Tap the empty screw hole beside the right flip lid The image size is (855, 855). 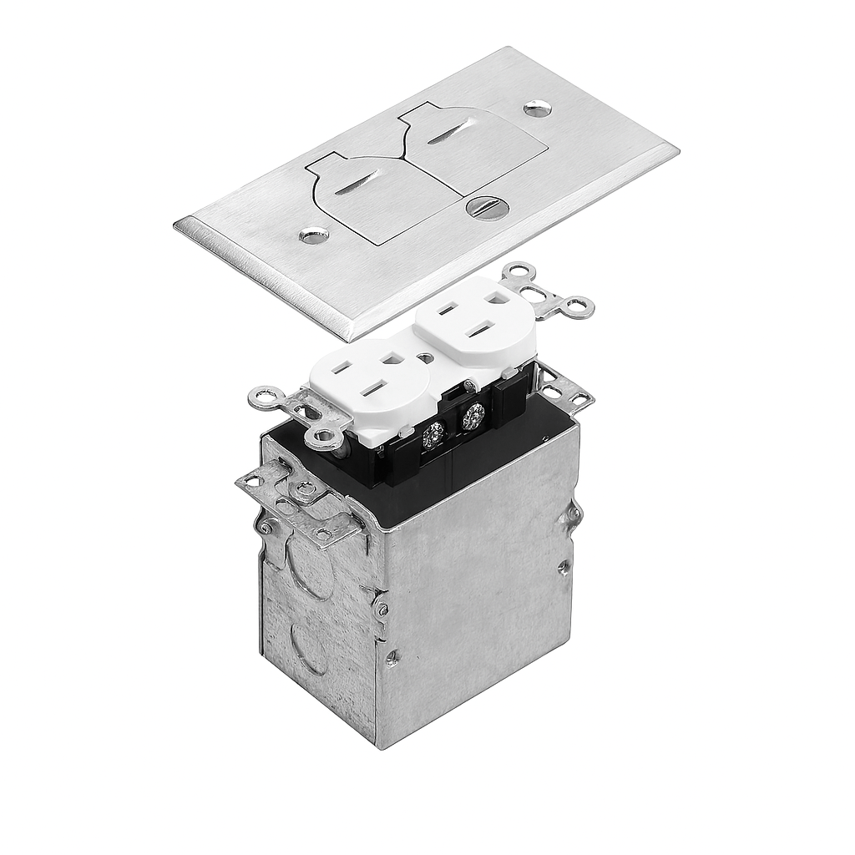537,108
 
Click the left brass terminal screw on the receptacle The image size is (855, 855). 433,433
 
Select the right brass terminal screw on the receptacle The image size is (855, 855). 473,415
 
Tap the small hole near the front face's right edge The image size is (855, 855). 564,566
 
